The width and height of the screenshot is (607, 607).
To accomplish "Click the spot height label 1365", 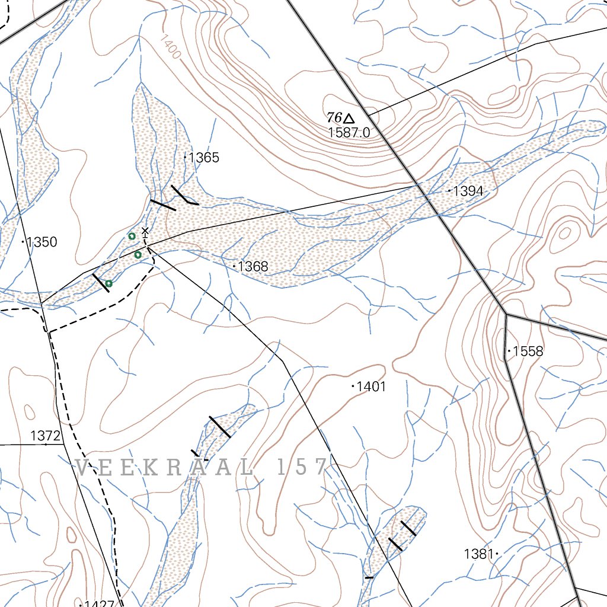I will (x=204, y=158).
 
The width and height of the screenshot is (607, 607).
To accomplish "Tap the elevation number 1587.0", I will (x=349, y=133).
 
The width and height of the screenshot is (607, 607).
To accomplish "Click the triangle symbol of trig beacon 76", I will (x=349, y=119).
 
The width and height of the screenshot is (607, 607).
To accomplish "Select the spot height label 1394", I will (x=468, y=191).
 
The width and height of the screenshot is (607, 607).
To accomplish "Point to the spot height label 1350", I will (x=42, y=242).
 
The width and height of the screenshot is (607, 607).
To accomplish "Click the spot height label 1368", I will (x=253, y=267).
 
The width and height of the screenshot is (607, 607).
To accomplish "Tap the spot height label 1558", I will (x=528, y=352).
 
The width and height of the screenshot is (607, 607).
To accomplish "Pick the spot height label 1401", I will (x=372, y=386).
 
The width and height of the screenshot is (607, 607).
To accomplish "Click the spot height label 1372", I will (x=46, y=436).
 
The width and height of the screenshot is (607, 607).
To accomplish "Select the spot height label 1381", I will (x=478, y=554).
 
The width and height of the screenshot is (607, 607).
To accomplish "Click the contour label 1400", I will (x=170, y=46).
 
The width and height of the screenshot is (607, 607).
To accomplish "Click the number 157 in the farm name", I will (x=302, y=467).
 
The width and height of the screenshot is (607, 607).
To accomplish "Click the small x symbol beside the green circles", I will (x=145, y=231).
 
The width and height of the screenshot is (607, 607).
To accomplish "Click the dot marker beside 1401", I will (x=353, y=386).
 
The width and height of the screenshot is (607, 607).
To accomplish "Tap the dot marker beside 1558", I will (x=509, y=352).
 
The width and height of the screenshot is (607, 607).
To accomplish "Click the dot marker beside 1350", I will (x=23, y=242).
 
